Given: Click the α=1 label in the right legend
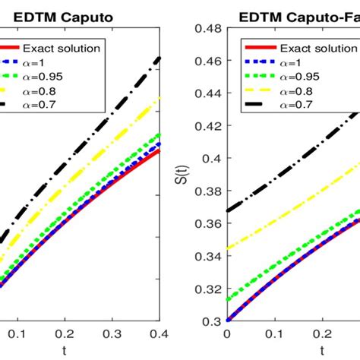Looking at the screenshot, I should [285, 62].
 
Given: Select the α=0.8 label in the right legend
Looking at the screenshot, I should [288, 90].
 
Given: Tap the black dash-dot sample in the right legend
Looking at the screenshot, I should [249, 103].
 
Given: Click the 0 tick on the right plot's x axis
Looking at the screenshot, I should [227, 333].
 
